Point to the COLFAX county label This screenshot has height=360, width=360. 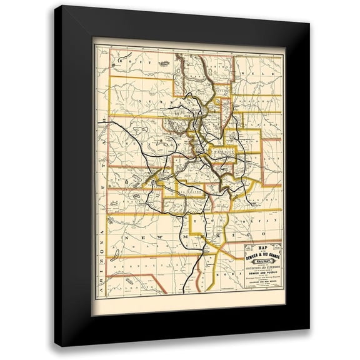(x=262, y=222)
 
